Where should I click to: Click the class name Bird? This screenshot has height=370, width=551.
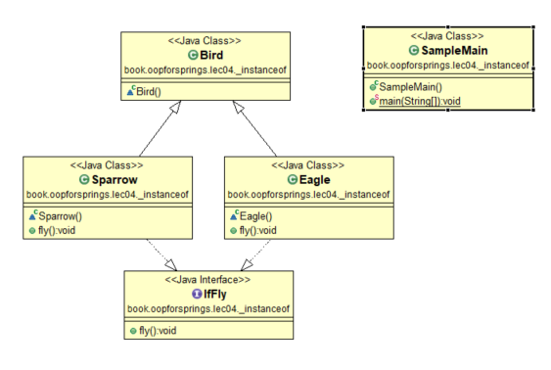coord(211,55)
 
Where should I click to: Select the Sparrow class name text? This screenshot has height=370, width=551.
coord(115,180)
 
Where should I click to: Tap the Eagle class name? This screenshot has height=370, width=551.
coord(314,180)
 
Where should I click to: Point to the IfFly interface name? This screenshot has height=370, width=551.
coord(214,294)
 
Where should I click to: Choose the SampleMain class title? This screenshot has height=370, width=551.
coord(454,51)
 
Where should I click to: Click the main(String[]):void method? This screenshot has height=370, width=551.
coord(420,101)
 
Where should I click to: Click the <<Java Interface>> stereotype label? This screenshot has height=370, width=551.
coord(207,280)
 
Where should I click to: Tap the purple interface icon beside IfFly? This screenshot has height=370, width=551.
coord(197,294)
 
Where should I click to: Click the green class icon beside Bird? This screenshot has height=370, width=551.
coord(193,55)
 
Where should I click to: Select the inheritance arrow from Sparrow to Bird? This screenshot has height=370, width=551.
coord(160,128)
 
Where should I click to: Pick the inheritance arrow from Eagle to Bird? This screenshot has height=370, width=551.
coord(254,128)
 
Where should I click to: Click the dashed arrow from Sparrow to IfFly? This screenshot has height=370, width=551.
coord(161,255)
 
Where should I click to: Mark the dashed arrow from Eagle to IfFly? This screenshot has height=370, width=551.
coord(255,255)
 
